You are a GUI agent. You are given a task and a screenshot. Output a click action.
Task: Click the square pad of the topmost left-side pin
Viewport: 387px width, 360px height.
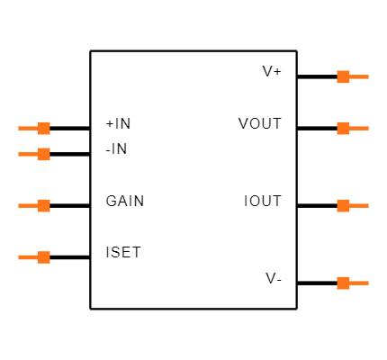click(x=43, y=128)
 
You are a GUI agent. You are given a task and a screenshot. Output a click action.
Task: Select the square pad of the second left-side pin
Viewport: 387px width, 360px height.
click(x=43, y=154)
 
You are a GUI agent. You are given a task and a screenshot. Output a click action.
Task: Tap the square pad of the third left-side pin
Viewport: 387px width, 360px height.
click(x=43, y=205)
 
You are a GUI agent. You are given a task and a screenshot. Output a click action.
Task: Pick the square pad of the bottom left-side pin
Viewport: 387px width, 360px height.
click(x=43, y=257)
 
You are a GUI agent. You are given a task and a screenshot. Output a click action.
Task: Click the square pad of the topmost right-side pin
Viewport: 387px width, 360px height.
click(x=343, y=76)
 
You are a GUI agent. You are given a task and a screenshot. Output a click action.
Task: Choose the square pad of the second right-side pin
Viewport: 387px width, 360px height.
click(x=343, y=128)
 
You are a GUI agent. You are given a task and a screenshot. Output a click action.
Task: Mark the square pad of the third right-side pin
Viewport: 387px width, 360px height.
click(x=343, y=205)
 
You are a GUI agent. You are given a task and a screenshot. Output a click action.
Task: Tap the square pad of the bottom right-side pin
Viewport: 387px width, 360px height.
click(x=343, y=283)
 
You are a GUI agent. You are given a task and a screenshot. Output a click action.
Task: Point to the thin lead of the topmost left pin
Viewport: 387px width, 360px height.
click(x=27, y=128)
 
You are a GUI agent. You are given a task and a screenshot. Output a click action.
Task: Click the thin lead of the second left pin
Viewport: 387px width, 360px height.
click(x=27, y=154)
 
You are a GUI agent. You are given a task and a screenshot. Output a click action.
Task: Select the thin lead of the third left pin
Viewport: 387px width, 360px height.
click(x=27, y=205)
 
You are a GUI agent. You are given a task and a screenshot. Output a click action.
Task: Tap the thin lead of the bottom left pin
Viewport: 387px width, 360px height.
click(x=27, y=257)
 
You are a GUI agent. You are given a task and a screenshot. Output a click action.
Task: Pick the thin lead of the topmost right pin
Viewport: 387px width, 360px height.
click(x=359, y=76)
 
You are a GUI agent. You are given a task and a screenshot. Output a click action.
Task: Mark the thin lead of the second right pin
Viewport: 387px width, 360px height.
click(x=359, y=128)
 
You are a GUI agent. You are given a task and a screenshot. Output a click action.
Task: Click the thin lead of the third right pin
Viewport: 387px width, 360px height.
click(x=359, y=205)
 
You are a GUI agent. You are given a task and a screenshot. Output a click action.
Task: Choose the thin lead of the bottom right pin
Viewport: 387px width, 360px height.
click(x=359, y=283)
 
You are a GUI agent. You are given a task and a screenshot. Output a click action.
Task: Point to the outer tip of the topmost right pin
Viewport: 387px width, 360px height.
click(x=367, y=76)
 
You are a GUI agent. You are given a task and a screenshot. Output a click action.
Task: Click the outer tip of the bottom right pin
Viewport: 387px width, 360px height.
click(x=367, y=283)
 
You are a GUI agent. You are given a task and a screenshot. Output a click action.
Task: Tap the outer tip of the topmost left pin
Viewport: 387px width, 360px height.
click(x=19, y=128)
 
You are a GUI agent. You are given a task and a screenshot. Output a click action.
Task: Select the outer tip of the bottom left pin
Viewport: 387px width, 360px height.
click(x=19, y=257)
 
